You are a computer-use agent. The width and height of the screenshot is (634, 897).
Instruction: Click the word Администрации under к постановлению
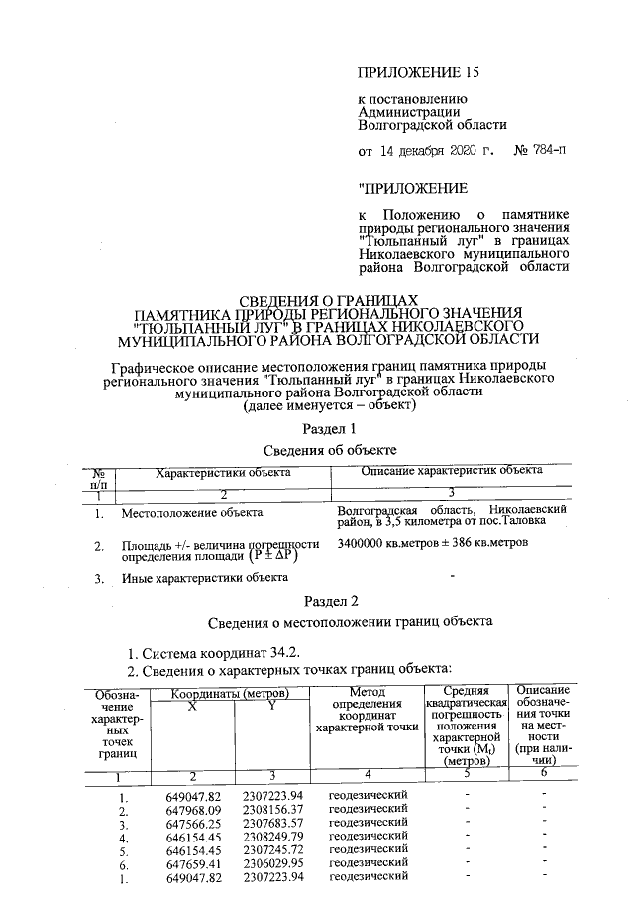pyautogui.click(x=405, y=112)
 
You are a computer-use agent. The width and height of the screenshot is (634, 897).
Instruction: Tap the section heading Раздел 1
pyautogui.click(x=328, y=428)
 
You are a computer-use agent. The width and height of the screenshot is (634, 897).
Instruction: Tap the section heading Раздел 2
pyautogui.click(x=328, y=601)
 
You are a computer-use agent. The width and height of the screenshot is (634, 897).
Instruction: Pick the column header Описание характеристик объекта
pyautogui.click(x=452, y=471)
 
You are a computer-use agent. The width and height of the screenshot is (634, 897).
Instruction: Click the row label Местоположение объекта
pyautogui.click(x=192, y=513)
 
